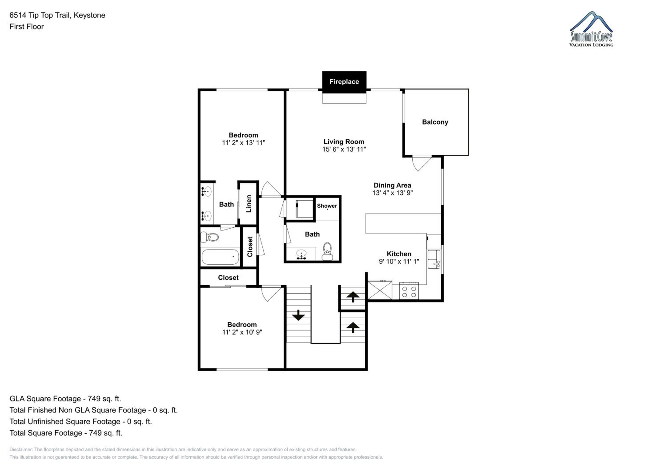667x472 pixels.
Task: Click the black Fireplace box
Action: pos(344,82)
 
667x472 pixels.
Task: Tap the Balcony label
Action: pos(435,122)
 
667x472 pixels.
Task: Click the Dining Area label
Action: pos(392,185)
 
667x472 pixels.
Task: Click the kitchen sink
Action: pos(434,260)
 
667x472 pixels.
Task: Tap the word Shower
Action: pos(327,206)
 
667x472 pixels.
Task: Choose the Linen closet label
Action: pos(249,204)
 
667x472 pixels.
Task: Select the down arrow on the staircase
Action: pos(298,315)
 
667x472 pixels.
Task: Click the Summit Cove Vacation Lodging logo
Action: pos(591,29)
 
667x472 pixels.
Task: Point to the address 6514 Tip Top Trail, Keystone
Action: pos(57,15)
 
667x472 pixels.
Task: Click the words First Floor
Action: pos(26,27)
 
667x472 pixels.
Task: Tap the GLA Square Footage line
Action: pos(65,399)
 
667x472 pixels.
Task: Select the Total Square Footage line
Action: pos(66,433)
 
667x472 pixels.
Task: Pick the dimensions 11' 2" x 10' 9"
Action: pos(242,332)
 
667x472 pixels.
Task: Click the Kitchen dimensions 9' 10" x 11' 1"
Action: pos(399,262)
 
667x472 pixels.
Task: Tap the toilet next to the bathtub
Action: pos(209,237)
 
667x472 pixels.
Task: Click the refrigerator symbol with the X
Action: pos(380,290)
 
